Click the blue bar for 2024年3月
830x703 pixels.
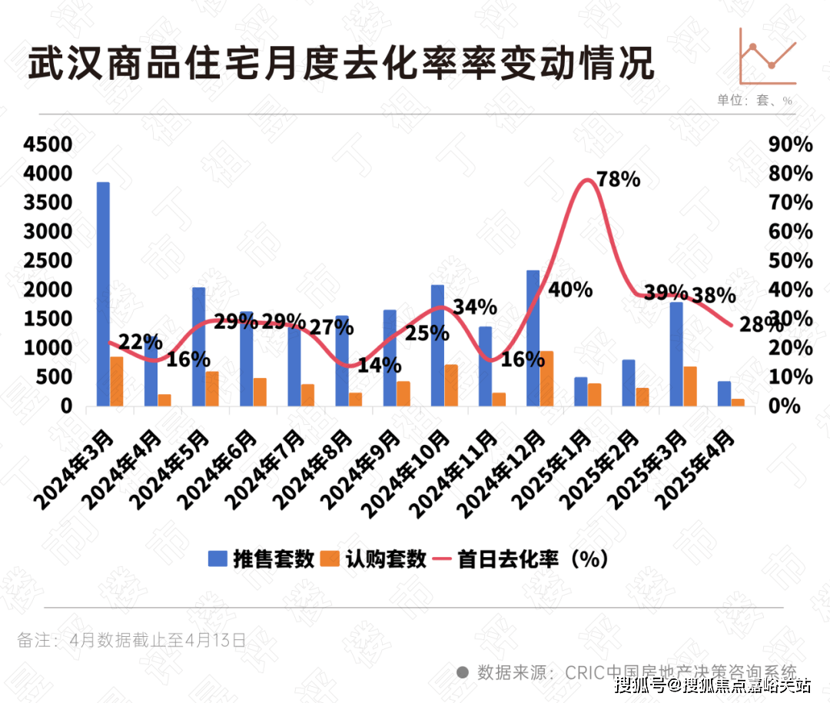tap(103, 294)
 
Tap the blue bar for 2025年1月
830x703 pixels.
tap(581, 392)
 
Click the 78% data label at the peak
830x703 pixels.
tap(619, 180)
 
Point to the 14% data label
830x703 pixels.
tap(380, 365)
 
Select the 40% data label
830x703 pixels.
tap(571, 290)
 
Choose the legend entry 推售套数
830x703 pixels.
tap(262, 559)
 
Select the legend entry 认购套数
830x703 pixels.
tap(373, 559)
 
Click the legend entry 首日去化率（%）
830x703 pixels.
tap(523, 559)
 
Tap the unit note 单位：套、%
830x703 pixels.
tap(754, 101)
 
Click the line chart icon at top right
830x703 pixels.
tap(768, 55)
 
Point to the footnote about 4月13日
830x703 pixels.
tap(131, 640)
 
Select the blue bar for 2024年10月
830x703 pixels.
tap(437, 345)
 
